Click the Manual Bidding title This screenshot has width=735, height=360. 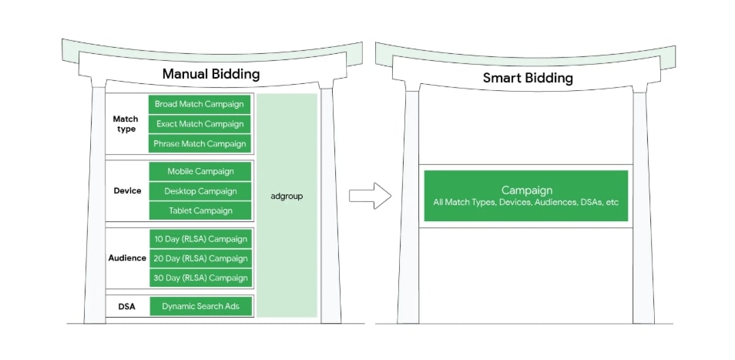[x=210, y=75]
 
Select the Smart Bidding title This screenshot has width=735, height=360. [x=528, y=78]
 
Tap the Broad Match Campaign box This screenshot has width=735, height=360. [x=200, y=104]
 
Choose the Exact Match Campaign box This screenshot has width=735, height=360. [x=200, y=124]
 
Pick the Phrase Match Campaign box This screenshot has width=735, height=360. [x=200, y=143]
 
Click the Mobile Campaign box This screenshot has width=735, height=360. [x=200, y=171]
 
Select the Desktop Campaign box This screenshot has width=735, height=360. [x=200, y=191]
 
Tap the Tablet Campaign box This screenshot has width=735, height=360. [x=200, y=210]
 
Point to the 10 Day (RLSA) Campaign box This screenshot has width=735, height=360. [x=200, y=238]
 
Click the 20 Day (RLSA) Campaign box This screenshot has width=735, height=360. [x=200, y=258]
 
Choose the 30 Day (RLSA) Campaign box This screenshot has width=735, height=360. [x=200, y=278]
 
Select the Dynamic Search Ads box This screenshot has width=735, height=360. [x=200, y=306]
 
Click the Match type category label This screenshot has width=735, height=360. [x=126, y=124]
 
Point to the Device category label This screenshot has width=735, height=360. [x=127, y=191]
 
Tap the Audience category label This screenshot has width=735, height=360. [x=127, y=258]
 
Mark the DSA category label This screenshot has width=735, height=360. [x=127, y=306]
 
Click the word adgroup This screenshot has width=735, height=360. [x=287, y=197]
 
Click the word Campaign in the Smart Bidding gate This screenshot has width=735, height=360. [x=527, y=190]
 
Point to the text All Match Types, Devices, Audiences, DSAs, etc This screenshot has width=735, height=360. [x=527, y=203]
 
